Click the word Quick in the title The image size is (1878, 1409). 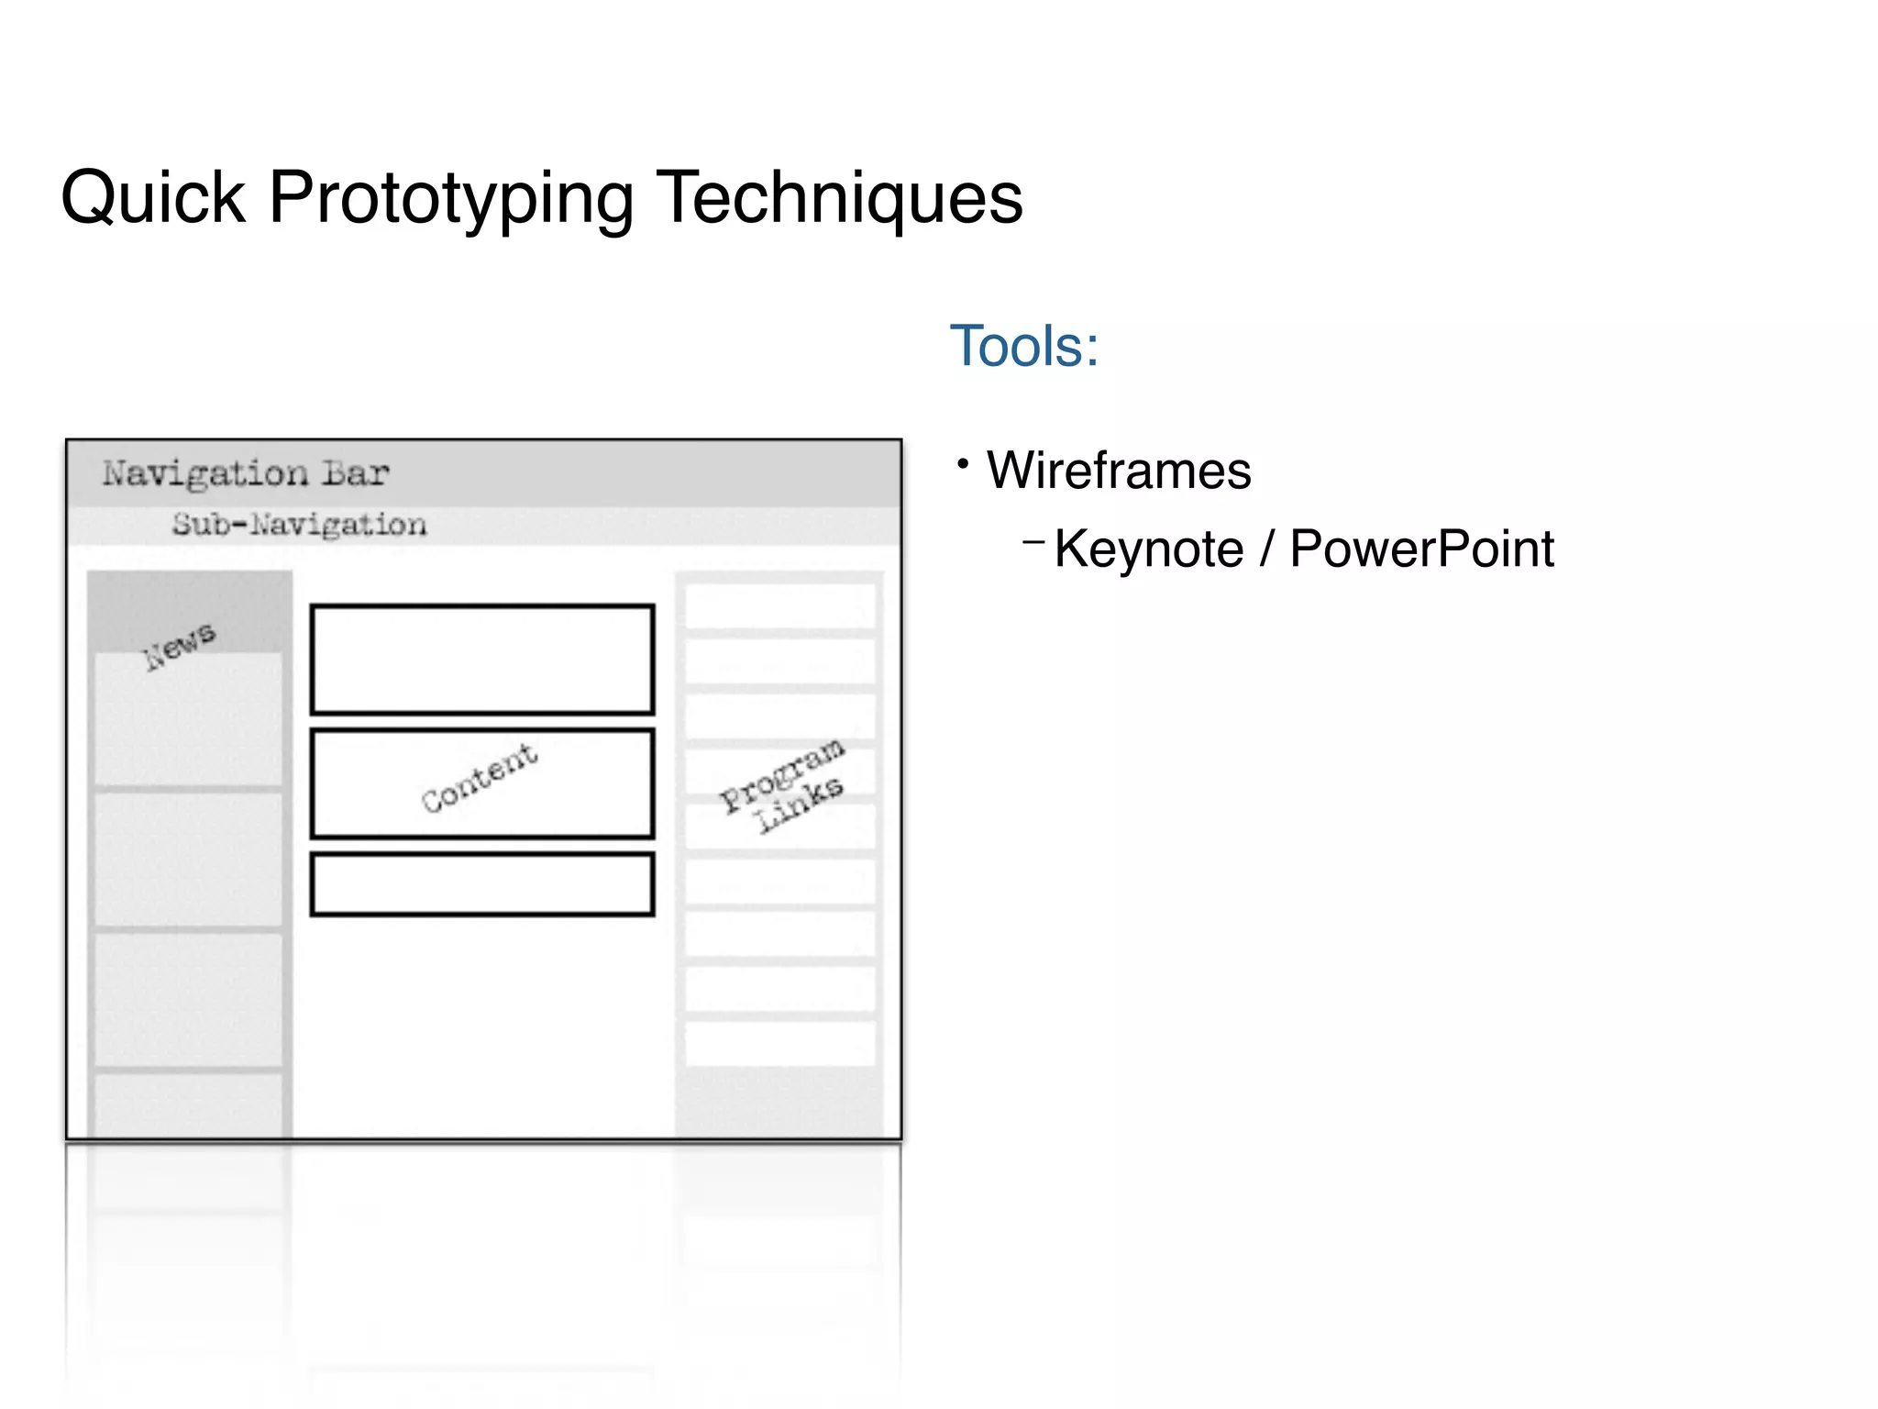[153, 197]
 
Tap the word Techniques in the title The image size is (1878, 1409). [840, 197]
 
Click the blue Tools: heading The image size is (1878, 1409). [1023, 347]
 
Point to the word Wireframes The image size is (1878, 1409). [1119, 471]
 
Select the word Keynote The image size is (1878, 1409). [1149, 549]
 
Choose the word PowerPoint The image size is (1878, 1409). [1421, 549]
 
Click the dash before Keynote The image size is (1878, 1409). [1033, 542]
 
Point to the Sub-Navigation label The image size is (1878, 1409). [299, 525]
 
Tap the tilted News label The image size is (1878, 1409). [180, 645]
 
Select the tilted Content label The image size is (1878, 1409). [480, 778]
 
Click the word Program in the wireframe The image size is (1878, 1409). [781, 774]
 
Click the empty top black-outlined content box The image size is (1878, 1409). [482, 660]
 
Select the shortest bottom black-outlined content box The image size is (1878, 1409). [482, 884]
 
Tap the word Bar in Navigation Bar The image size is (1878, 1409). [356, 473]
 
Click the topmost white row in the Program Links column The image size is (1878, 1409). [779, 606]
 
